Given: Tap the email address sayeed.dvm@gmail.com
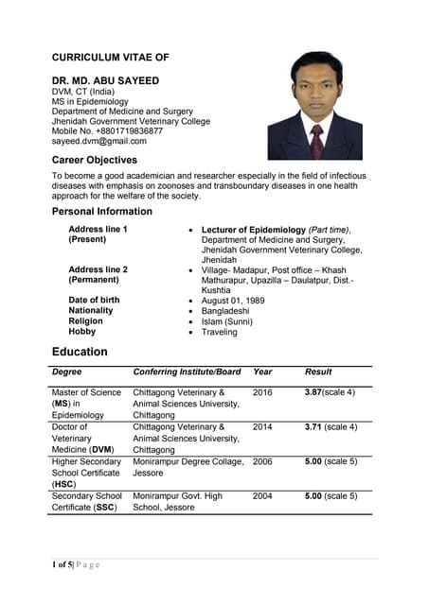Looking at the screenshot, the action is pos(98,141).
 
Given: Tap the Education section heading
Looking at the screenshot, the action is pos(80,352).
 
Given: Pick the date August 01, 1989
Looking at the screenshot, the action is pos(233,301).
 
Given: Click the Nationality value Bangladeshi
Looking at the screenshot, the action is pos(226,311).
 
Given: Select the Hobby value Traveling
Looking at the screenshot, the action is pos(220,332).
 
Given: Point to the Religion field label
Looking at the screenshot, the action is pos(86,321).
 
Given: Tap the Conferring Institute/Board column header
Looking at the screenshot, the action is pos(187,372).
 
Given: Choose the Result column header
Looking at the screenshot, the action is pos(318,372).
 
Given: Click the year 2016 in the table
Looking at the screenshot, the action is pos(262,392).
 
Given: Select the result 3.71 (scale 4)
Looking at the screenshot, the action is pos(331,427).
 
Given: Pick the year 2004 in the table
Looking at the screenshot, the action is pos(262,496).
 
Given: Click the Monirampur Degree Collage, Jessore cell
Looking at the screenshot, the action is pos(188,467).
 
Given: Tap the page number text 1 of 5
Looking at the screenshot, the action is pos(65,565).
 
